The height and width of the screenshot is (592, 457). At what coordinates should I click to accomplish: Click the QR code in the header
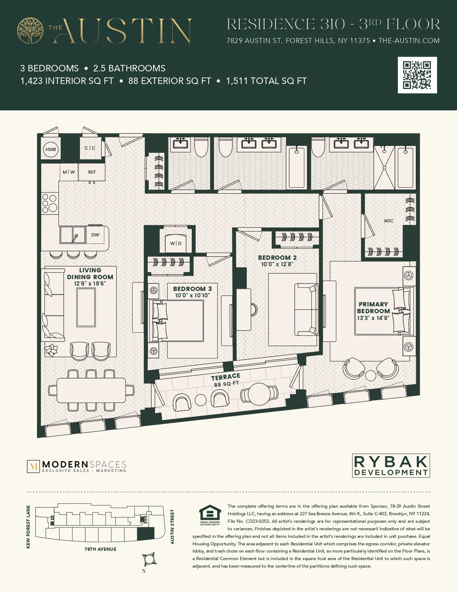tap(417, 75)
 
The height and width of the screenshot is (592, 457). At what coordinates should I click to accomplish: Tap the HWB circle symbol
tap(51, 150)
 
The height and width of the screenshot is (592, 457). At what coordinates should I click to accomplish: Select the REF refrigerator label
tap(92, 172)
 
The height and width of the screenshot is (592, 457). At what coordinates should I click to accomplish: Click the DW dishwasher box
tap(95, 235)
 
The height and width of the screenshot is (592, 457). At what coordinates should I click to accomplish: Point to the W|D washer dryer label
tap(176, 243)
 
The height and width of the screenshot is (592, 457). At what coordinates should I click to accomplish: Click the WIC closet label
tap(389, 221)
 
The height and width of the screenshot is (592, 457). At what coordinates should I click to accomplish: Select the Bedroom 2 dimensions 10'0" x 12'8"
tap(277, 264)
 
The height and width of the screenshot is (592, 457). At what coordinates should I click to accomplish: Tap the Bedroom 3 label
tap(192, 289)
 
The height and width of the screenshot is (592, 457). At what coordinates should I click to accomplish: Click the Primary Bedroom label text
tap(373, 307)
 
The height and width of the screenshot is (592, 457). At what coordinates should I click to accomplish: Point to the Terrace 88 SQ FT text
tap(226, 380)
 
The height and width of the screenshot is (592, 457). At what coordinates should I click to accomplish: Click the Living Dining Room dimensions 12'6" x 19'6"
tap(90, 284)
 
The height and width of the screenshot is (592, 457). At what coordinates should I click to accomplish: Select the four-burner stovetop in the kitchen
tap(49, 203)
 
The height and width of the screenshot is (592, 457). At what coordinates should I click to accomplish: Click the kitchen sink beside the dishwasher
tap(73, 235)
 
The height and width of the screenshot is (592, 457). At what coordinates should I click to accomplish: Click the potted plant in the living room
tap(51, 350)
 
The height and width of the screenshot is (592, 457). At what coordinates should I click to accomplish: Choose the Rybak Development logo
tap(391, 466)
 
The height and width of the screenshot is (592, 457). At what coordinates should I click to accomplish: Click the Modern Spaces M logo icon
tap(33, 466)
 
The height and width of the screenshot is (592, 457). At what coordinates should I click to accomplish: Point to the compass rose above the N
tap(149, 559)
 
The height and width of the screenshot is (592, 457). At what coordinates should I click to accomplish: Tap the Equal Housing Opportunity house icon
tap(210, 513)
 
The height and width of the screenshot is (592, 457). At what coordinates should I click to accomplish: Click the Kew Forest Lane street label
tap(28, 527)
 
